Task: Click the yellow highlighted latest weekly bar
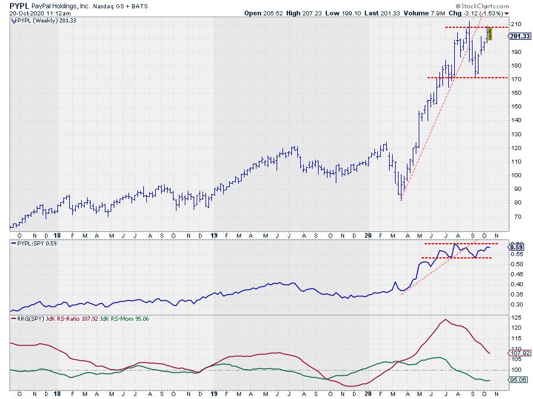click(490, 34)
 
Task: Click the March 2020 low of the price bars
click(402, 199)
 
